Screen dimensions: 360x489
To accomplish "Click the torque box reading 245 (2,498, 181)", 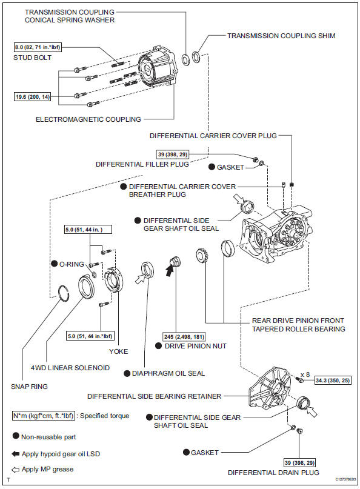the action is [184, 336].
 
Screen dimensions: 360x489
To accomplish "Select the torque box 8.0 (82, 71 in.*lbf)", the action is [38, 47].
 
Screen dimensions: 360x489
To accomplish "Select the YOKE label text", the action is [119, 351].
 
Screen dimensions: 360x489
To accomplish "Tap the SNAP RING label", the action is [29, 387].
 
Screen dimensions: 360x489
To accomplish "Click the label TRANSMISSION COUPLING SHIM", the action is [281, 36].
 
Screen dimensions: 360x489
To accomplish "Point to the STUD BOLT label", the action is [33, 58].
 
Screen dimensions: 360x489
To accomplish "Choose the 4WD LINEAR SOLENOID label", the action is [70, 368].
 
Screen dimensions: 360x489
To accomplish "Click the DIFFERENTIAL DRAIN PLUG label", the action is [273, 473].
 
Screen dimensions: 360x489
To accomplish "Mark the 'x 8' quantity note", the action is [305, 374].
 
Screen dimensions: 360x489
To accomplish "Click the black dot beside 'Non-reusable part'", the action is [16, 436].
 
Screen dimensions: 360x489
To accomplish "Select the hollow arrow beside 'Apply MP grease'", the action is [15, 470].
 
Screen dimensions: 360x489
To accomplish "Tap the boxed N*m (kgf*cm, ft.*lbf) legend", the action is [44, 416].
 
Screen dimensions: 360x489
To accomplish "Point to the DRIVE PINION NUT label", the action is [196, 346].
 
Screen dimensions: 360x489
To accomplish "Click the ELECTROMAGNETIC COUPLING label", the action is [88, 119].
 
